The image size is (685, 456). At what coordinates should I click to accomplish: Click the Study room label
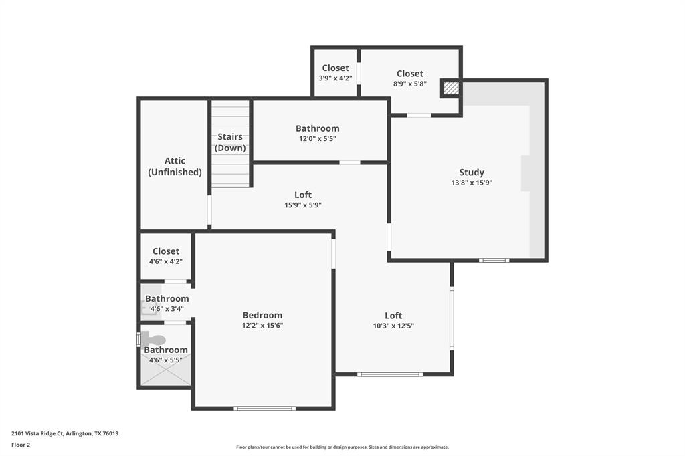[472, 173]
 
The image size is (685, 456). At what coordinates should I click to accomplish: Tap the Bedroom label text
[262, 315]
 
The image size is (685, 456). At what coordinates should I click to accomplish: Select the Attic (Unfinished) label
[175, 166]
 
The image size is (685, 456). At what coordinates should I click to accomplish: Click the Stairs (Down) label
[230, 142]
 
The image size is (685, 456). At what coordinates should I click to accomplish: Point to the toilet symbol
[153, 340]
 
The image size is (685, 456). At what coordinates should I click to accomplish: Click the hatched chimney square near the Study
[452, 88]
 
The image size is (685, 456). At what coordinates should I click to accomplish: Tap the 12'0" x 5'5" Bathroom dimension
[318, 139]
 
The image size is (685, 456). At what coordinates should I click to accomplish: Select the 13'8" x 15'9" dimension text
[472, 183]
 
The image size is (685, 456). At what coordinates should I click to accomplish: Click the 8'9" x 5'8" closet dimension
[409, 84]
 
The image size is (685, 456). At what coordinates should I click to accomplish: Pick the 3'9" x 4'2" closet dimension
[335, 78]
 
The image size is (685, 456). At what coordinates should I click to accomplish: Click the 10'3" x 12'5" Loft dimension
[393, 326]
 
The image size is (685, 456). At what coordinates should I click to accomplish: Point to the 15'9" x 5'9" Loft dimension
[303, 205]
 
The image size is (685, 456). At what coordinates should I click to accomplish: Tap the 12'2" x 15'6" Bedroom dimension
[262, 326]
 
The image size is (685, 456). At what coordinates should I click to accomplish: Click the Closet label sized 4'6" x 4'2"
[166, 251]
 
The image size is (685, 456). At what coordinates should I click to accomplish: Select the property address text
[65, 433]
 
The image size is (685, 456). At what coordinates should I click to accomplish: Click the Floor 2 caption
[21, 444]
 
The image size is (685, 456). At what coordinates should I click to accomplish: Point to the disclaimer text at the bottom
[342, 447]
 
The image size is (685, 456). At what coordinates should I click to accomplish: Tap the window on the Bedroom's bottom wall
[264, 408]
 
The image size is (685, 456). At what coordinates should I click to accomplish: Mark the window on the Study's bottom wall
[494, 260]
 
